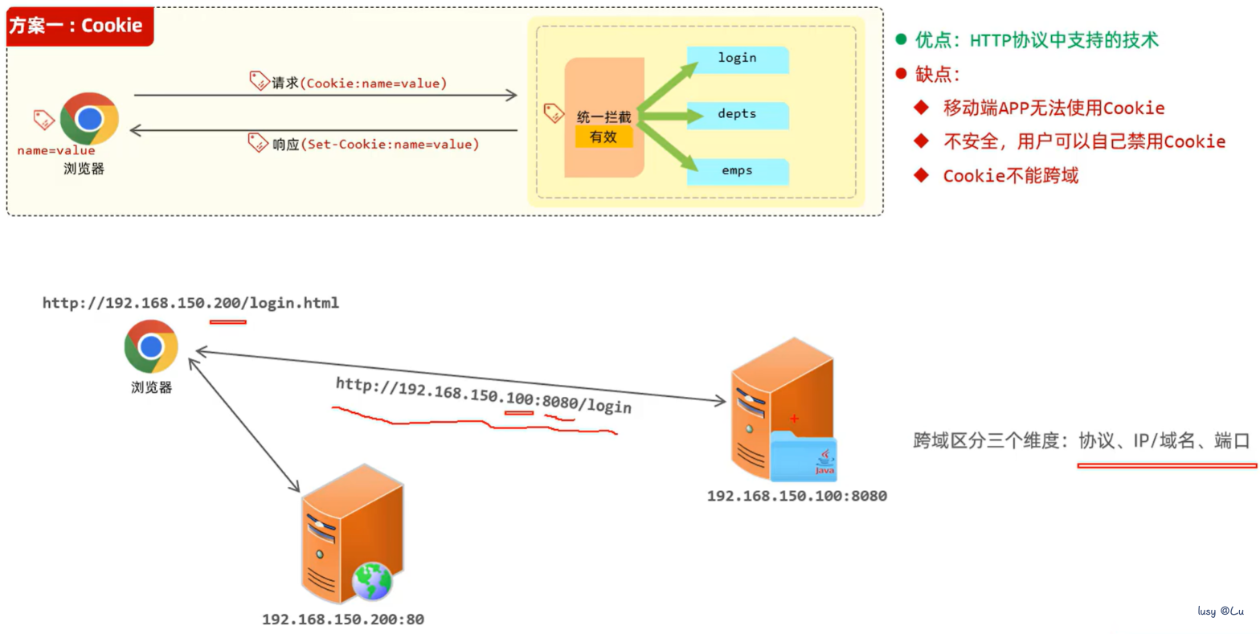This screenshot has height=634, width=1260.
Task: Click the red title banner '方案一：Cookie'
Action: [x=80, y=26]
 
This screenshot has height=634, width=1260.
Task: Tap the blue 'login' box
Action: [x=738, y=59]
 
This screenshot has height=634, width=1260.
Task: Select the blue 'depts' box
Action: [x=738, y=116]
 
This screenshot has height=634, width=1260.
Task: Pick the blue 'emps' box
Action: [x=738, y=172]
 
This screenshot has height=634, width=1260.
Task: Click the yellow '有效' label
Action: [x=603, y=137]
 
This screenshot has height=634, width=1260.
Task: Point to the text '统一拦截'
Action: [x=604, y=117]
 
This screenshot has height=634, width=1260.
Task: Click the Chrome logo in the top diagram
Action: [x=89, y=119]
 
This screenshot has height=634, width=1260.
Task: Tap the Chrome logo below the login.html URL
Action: [x=151, y=346]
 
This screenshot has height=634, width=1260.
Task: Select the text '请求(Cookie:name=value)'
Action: [x=359, y=84]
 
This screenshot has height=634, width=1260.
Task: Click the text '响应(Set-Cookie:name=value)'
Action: [x=376, y=145]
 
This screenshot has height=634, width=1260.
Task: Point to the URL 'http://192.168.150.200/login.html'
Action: [x=190, y=303]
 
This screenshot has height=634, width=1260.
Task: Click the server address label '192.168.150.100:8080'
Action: [x=796, y=496]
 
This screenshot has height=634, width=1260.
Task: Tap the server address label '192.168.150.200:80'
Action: [x=343, y=620]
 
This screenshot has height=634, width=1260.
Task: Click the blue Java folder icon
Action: [x=804, y=456]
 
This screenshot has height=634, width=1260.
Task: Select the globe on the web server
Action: [x=372, y=581]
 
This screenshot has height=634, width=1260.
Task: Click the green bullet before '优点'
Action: [x=901, y=39]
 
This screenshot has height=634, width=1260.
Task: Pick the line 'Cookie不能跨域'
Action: [x=1010, y=175]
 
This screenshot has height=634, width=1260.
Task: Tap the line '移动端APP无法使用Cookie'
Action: [x=1053, y=108]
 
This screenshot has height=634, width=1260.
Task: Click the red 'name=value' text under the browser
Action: [x=56, y=150]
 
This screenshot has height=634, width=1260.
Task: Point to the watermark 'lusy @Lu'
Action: [x=1221, y=611]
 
